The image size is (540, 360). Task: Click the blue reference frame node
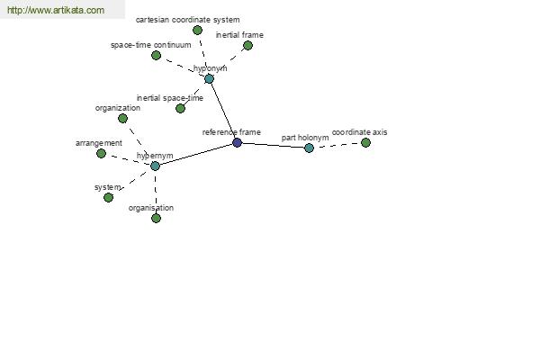(x=237, y=142)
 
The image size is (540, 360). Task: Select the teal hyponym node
(x=209, y=79)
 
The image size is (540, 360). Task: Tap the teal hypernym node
(x=155, y=166)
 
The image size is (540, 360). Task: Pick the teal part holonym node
(x=309, y=148)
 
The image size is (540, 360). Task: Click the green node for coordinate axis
(x=365, y=142)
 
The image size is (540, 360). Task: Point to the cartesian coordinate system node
(x=197, y=31)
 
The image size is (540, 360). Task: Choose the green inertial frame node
(x=247, y=46)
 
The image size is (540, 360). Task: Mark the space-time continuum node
(x=156, y=55)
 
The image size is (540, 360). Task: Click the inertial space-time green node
(x=180, y=109)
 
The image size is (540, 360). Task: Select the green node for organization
(x=122, y=119)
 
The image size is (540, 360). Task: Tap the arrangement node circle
(x=101, y=154)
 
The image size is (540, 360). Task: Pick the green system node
(x=108, y=197)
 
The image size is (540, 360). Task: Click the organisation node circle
(x=156, y=218)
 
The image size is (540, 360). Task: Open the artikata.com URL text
(x=56, y=10)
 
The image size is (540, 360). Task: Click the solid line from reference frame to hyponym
(x=223, y=111)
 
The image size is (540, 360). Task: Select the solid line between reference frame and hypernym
(x=196, y=154)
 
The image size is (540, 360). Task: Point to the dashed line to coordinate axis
(x=337, y=146)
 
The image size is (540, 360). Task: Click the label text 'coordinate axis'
(x=359, y=132)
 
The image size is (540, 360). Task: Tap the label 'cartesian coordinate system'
(x=188, y=20)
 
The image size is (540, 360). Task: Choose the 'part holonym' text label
(x=305, y=138)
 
